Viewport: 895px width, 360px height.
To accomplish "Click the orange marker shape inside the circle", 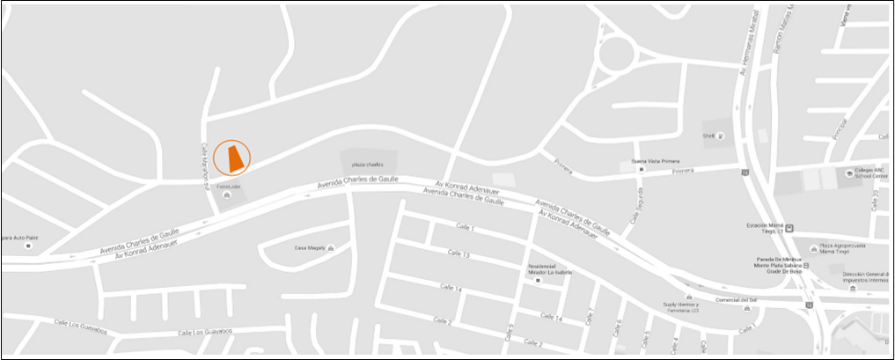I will coord(233,158).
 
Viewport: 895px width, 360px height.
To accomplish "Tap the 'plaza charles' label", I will coord(368,165).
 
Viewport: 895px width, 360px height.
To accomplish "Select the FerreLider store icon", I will coord(228,195).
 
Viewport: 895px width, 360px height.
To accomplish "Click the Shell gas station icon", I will coord(721,136).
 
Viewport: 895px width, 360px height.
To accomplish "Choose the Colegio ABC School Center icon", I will coord(847,173).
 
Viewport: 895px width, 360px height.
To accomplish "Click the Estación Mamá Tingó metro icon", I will coord(789,227).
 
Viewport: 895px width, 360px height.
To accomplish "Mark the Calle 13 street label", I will coord(459,254).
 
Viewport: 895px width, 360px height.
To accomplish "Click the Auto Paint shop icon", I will coord(27,246).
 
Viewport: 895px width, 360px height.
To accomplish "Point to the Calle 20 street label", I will coord(881,132).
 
